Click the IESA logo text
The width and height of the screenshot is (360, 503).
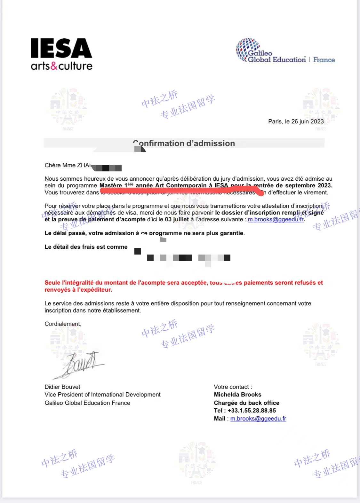(61, 48)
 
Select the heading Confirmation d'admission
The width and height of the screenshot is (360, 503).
(184, 144)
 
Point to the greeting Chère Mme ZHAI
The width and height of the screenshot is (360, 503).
(68, 165)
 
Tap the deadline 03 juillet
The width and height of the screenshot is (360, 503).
(177, 219)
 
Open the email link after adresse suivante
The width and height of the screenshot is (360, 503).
(276, 219)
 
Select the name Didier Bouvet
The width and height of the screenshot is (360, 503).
(62, 387)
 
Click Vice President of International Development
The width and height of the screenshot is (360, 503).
(102, 395)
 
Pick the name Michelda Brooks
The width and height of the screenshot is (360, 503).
(237, 395)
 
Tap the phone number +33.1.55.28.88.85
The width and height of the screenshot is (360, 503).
(252, 411)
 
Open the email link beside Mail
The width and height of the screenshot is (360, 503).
(258, 419)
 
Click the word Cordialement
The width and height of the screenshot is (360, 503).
(63, 324)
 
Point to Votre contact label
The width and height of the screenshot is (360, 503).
(233, 387)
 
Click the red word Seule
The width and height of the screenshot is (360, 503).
(52, 283)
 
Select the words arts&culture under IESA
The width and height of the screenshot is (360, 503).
(61, 66)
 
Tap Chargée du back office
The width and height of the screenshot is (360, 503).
(246, 403)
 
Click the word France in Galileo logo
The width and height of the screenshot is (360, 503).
(324, 60)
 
